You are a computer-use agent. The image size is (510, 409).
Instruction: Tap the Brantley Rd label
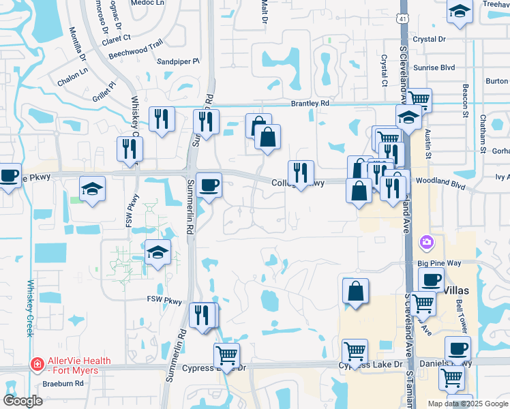[x=310, y=104]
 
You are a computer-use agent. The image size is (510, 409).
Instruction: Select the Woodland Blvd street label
[x=447, y=184]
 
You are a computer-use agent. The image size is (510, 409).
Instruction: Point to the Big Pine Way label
[x=435, y=262]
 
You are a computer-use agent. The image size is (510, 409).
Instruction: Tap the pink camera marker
[x=427, y=241]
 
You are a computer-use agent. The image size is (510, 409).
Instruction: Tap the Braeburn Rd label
[x=63, y=383]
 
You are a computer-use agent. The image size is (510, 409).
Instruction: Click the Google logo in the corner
[x=22, y=400]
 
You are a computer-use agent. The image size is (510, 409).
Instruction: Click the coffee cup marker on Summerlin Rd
[x=209, y=184]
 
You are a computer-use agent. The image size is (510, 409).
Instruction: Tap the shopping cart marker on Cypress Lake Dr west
[x=226, y=354]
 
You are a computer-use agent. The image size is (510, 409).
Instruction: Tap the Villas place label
[x=457, y=290]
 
